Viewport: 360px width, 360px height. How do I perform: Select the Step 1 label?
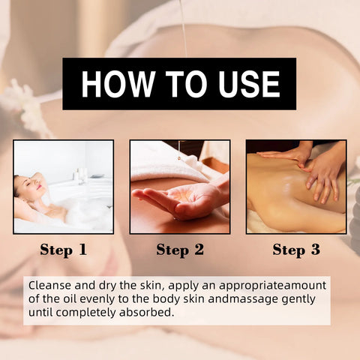(x=62, y=250)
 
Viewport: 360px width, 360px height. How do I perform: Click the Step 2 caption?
(x=179, y=250)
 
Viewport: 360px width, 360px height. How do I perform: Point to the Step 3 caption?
(x=295, y=250)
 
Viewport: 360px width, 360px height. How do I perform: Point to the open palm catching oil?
(x=169, y=201)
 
